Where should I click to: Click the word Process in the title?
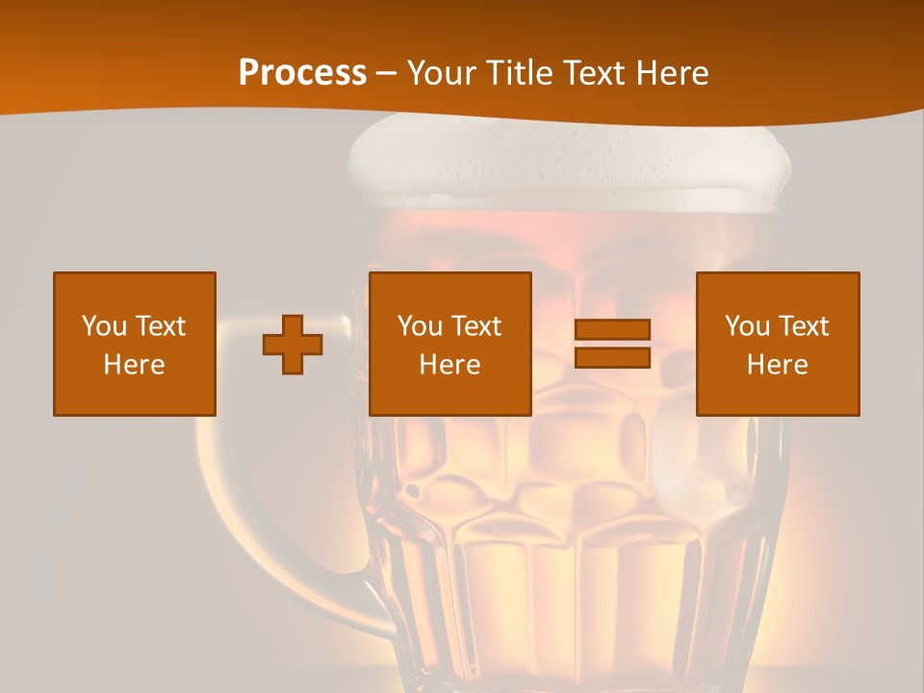coord(302,73)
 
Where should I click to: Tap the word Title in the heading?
coord(521,73)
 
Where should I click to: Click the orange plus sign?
coord(293,345)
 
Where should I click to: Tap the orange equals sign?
coord(612,344)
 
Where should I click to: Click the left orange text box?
coord(135,344)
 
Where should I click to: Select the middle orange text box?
coord(450,344)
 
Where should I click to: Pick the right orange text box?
coord(778,344)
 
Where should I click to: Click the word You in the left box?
coord(104,326)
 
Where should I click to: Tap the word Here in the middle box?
coord(450,365)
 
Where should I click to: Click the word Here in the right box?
coord(778,365)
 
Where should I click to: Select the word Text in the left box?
coord(160,326)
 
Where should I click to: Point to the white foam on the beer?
coord(568,164)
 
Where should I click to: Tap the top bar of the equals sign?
coord(612,330)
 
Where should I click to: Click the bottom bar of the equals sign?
coord(612,357)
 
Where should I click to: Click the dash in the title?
coord(387,73)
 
